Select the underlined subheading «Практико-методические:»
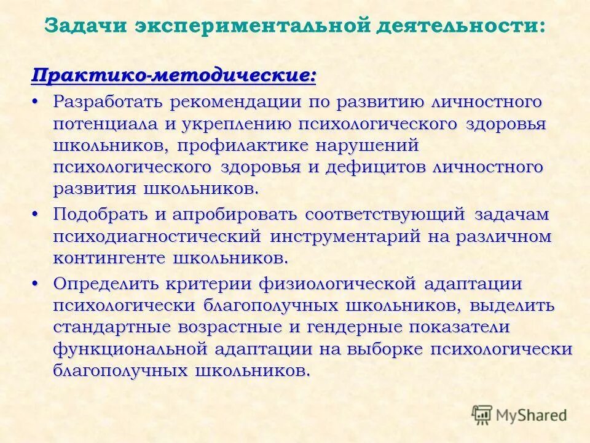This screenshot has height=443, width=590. click(x=174, y=76)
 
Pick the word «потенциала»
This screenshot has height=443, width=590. click(x=104, y=122)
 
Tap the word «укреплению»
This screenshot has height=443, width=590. click(x=234, y=122)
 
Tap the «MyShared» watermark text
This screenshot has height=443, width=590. click(x=531, y=415)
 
